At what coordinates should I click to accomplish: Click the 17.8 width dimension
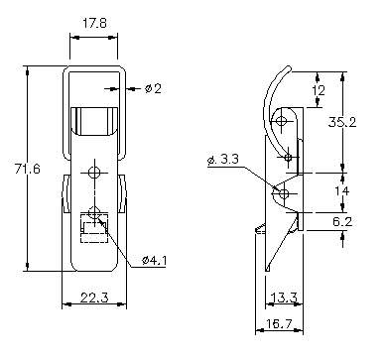pos(94,24)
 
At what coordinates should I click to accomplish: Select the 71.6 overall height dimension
pos(27,169)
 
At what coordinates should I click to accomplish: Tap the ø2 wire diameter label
pos(153,88)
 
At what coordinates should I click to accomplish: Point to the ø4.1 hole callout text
pos(154,261)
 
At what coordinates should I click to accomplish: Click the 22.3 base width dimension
pos(94,298)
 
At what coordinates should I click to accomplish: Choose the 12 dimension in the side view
pos(319,90)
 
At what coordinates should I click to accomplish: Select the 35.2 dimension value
pos(342,122)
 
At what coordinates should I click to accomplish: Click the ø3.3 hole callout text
pos(223,160)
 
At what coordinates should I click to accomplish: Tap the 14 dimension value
pos(341,191)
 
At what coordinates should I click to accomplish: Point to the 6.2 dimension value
pos(342,221)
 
